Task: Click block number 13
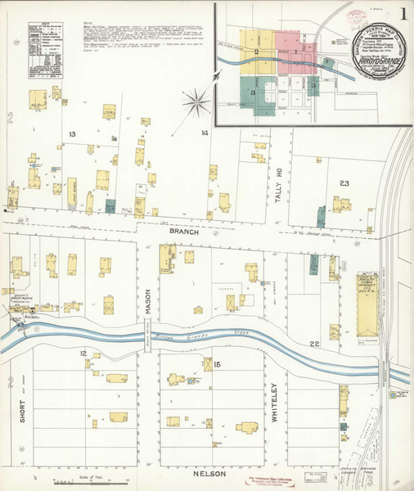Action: click(72, 133)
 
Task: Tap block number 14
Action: click(205, 133)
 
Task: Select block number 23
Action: click(344, 183)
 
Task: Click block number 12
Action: click(83, 353)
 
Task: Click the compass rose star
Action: click(196, 101)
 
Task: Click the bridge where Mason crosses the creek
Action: click(149, 336)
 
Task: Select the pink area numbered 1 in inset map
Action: click(295, 53)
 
